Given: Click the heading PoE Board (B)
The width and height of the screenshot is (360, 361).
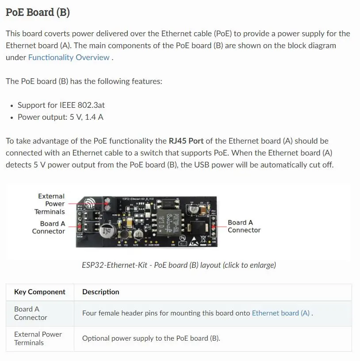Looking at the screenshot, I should click(38, 12).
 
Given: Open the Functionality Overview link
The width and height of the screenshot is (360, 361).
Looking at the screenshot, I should click(69, 57).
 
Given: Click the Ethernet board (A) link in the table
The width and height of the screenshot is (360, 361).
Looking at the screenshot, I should click(280, 313).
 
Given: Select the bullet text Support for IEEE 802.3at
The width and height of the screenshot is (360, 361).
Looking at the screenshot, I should click(61, 105).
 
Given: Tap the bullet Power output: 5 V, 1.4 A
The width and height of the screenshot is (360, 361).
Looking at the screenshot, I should click(61, 117).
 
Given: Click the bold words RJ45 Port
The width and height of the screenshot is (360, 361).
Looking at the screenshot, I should click(186, 141).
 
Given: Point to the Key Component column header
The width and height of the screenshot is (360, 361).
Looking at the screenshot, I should click(40, 292).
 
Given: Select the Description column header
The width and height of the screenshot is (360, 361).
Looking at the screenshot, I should click(101, 292).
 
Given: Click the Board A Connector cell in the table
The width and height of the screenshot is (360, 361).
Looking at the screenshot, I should click(31, 313).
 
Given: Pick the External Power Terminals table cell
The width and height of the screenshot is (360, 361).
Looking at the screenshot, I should click(38, 338).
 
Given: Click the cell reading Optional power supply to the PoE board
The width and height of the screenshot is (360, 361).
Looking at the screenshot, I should click(151, 338).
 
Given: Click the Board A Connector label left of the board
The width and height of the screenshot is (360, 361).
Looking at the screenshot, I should click(48, 227).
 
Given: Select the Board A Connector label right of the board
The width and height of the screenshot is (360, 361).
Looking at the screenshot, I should click(244, 226).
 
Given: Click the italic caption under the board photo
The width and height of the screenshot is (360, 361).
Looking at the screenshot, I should click(179, 265).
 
